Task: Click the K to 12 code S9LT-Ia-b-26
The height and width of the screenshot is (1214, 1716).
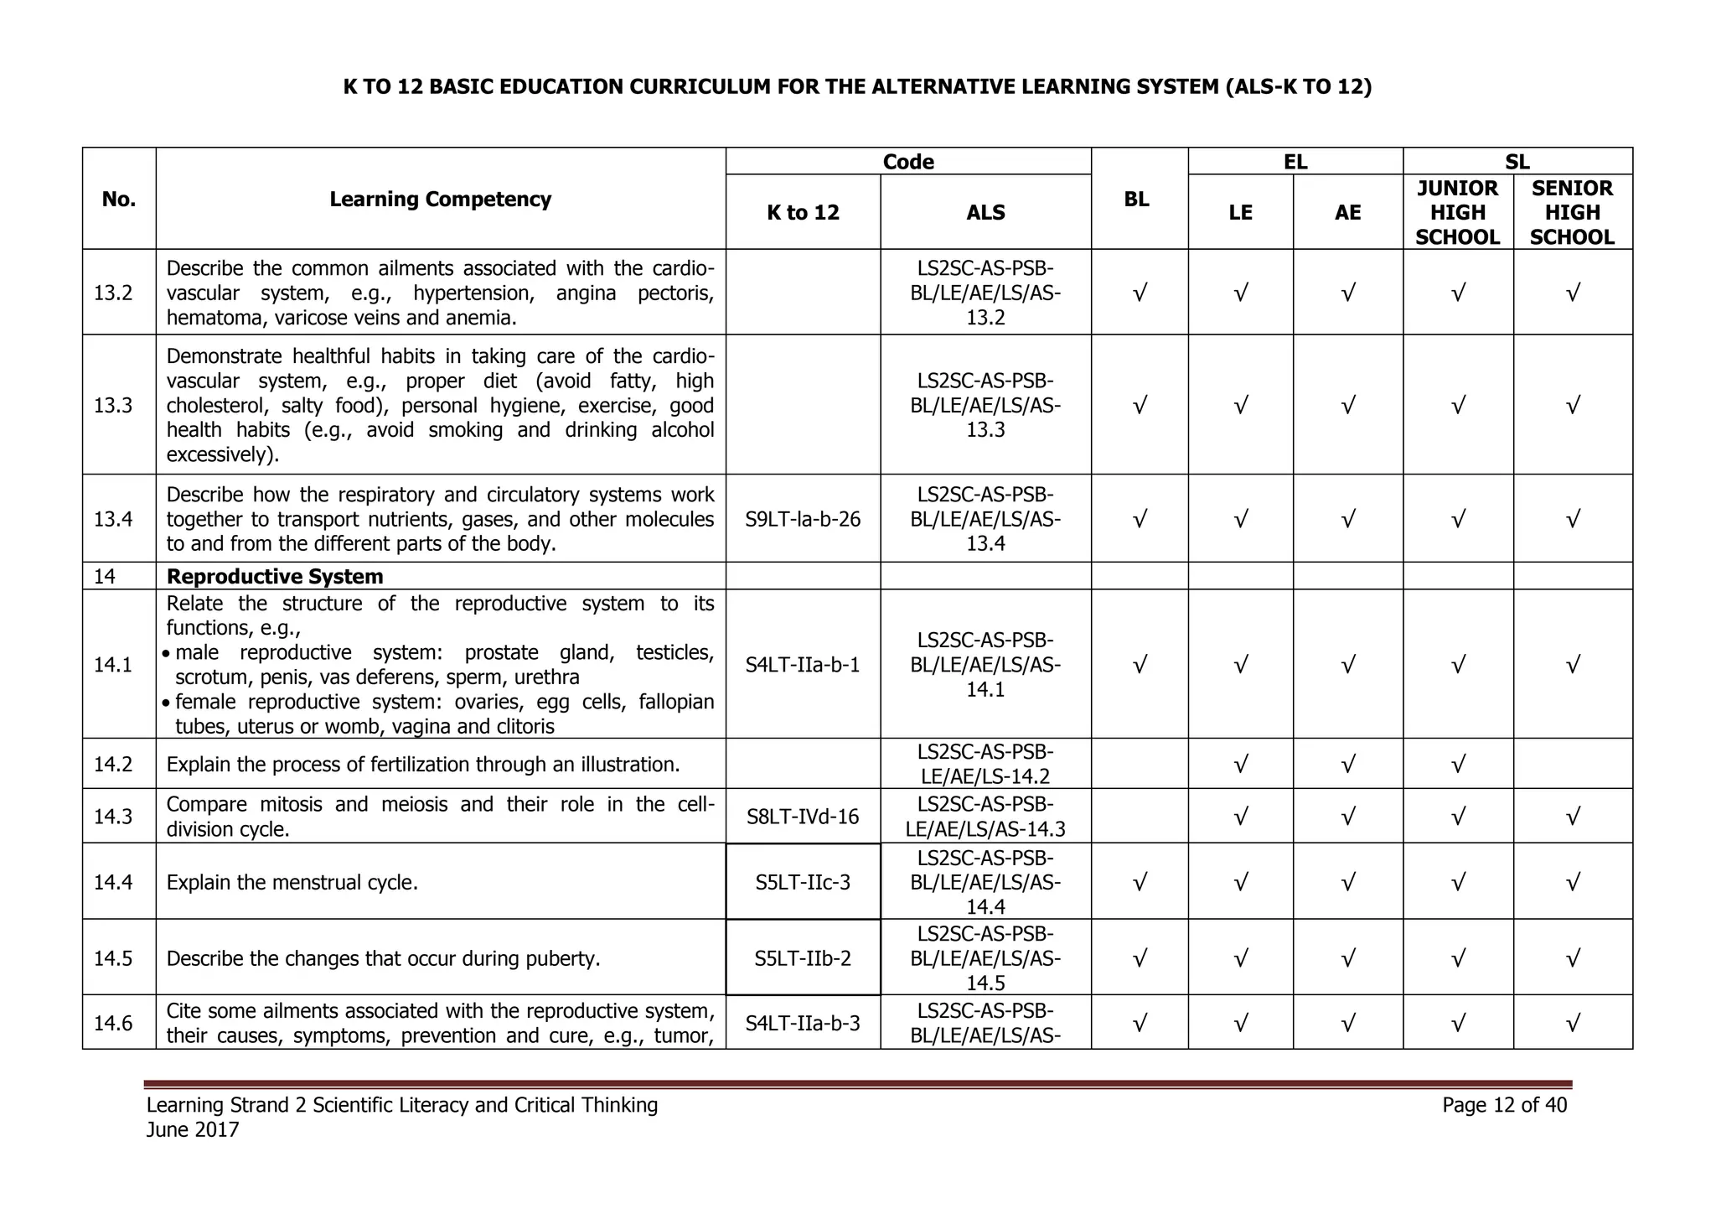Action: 803,519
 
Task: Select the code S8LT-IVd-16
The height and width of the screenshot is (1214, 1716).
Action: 803,816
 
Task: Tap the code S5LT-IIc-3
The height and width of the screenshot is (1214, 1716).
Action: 803,882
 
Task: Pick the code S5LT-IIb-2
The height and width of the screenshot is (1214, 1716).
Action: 803,957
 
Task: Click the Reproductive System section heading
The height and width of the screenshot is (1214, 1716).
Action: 275,577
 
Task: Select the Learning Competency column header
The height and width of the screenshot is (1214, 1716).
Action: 440,200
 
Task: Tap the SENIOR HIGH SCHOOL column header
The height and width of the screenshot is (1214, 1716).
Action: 1572,212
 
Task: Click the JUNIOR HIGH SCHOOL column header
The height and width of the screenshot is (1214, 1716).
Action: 1457,212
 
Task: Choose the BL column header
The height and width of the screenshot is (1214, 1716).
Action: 1136,200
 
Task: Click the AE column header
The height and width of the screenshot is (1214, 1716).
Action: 1347,213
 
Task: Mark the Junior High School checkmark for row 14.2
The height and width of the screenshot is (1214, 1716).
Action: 1458,764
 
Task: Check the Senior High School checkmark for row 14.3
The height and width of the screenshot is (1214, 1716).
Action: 1573,816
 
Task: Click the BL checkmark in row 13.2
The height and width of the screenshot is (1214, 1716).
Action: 1139,293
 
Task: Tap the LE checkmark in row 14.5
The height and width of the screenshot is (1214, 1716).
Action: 1240,957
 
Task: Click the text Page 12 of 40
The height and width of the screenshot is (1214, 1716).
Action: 1504,1105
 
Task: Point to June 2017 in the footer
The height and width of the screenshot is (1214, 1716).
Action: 193,1130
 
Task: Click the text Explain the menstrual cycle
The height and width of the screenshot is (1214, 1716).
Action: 292,882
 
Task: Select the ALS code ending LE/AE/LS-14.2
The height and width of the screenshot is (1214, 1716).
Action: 985,764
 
